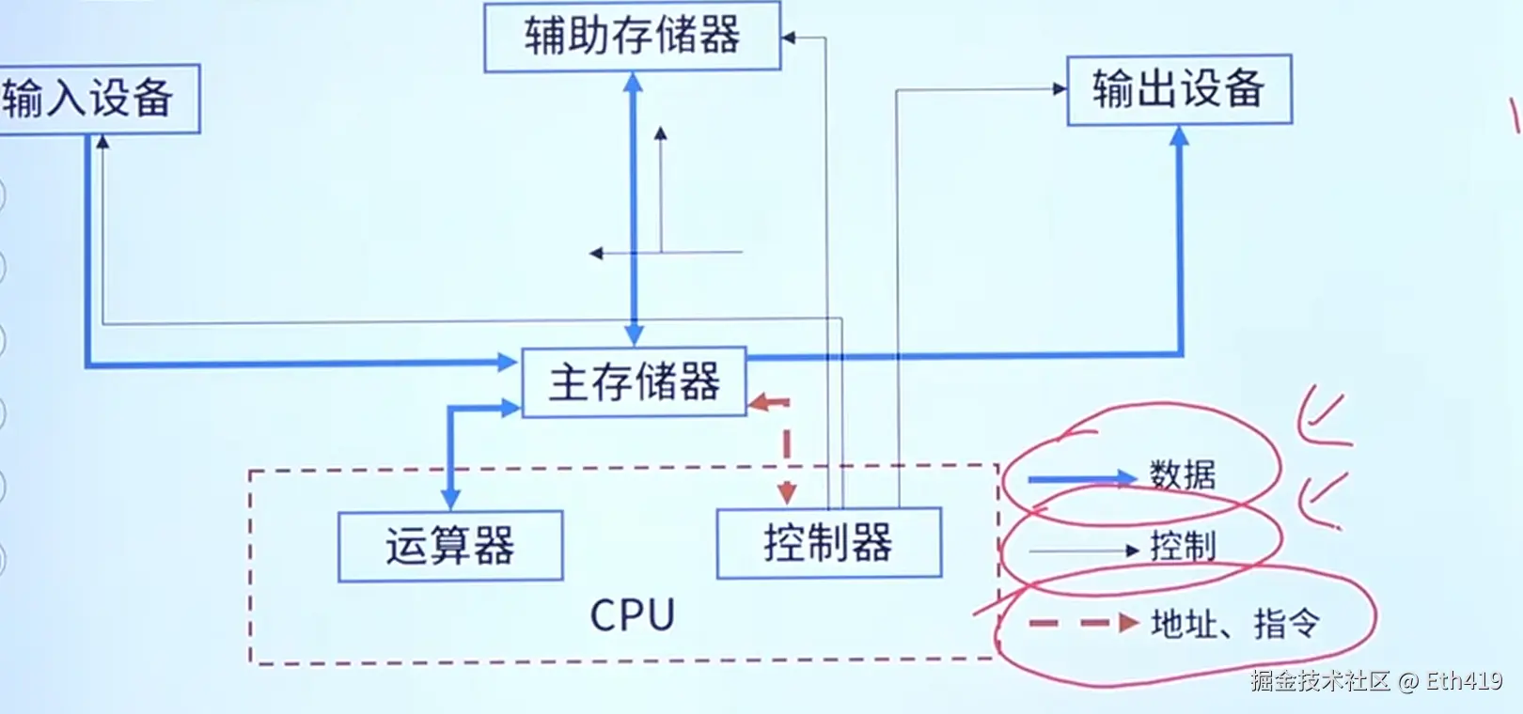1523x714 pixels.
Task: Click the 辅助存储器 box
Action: point(632,37)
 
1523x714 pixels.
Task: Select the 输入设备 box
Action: point(94,99)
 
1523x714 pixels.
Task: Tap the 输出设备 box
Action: point(1179,89)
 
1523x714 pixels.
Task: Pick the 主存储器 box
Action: point(634,382)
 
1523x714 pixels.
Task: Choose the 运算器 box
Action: point(450,546)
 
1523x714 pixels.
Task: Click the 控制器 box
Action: point(828,543)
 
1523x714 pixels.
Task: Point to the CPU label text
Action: point(632,615)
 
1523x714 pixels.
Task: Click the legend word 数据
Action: point(1183,474)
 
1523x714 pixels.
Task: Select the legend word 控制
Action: point(1183,546)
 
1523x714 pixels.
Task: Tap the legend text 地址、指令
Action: point(1235,623)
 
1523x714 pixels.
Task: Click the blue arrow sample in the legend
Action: point(1081,479)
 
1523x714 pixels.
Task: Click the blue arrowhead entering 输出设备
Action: point(1179,135)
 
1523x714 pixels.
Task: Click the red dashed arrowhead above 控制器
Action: point(787,493)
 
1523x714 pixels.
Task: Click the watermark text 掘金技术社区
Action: point(1320,680)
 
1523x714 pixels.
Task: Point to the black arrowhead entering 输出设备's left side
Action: point(1060,89)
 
